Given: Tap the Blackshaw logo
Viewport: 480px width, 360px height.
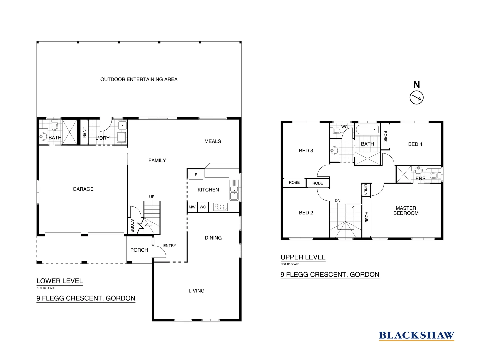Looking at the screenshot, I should click(x=416, y=335).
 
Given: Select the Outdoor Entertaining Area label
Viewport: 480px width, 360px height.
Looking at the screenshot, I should click(x=139, y=79).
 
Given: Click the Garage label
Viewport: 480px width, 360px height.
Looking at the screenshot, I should click(x=83, y=189).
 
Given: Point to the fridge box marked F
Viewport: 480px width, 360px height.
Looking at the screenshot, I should click(x=196, y=175).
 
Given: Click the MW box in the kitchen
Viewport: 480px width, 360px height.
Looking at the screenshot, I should click(x=192, y=207).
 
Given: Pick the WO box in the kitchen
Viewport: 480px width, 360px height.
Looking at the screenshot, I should click(x=203, y=207).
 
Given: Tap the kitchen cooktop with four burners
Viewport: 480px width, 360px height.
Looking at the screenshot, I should click(x=220, y=207).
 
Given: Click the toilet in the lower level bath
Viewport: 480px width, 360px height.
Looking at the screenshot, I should click(x=55, y=126).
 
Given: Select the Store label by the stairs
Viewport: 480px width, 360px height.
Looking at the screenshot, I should click(x=132, y=226).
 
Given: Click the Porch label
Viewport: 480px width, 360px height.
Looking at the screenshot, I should click(x=139, y=250).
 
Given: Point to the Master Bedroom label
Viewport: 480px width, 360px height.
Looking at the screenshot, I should click(x=406, y=211).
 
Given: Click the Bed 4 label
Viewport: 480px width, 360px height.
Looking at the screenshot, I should click(x=415, y=144).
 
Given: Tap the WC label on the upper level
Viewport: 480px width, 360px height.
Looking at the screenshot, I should click(x=345, y=127).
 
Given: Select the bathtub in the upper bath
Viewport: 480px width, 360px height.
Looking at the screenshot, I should click(x=367, y=130).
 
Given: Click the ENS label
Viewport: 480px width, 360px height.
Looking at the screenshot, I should click(x=420, y=178).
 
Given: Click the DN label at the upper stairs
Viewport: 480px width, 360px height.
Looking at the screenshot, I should click(x=337, y=201).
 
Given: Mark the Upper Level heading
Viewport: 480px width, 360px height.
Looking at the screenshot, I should click(x=303, y=257).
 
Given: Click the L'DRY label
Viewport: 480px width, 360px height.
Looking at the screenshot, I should click(x=102, y=138).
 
